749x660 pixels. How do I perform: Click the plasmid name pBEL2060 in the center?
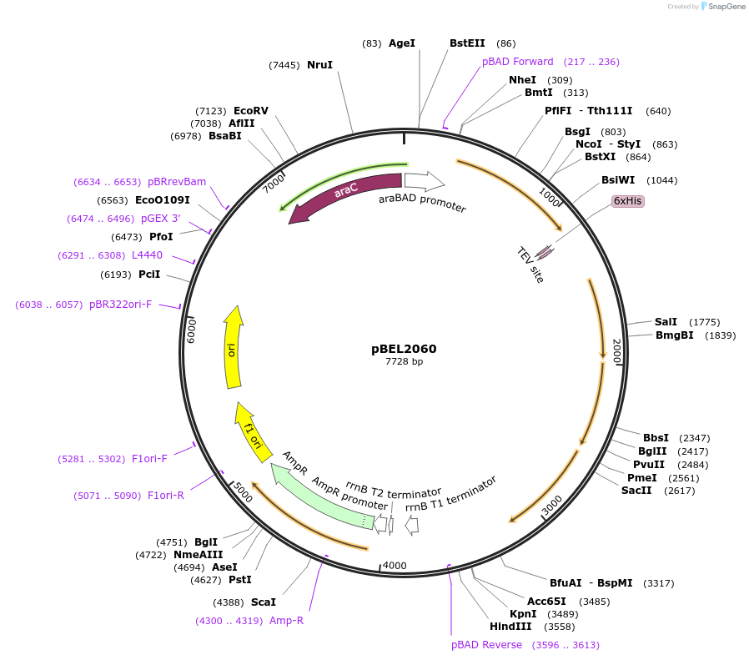pos(404,349)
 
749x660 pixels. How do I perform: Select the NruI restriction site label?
pos(319,64)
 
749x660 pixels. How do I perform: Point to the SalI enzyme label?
pos(666,322)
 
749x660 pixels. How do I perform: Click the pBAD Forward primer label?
pos(517,62)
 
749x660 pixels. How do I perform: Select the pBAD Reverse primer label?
pos(486,645)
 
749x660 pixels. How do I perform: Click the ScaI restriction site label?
pos(263,602)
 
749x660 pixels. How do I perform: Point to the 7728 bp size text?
pos(404,362)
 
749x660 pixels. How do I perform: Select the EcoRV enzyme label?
pos(250,110)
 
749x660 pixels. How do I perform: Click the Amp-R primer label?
pos(286,621)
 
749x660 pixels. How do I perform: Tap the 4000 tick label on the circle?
pos(395,566)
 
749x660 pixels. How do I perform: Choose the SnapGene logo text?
pos(724,7)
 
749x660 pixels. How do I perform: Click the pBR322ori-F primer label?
pos(120,305)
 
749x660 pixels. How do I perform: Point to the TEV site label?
pos(530,265)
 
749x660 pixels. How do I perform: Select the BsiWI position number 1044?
pos(662,180)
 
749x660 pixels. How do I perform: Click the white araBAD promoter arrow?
pos(425,180)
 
